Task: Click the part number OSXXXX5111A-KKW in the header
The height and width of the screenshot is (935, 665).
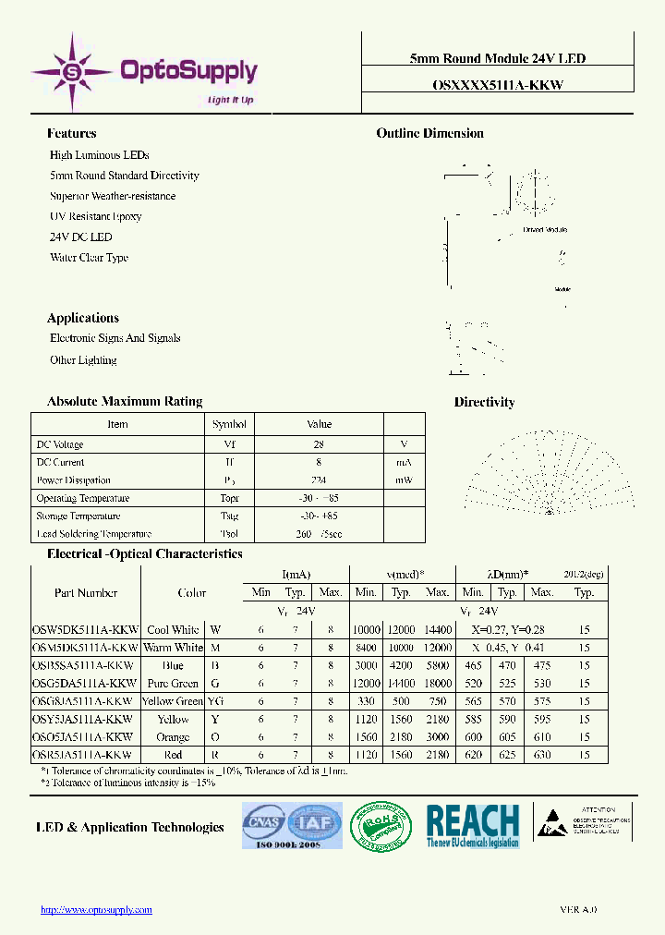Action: click(497, 83)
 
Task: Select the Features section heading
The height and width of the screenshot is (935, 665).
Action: click(71, 133)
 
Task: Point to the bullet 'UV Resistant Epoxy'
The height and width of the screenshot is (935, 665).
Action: click(95, 216)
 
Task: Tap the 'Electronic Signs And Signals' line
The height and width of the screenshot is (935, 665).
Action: click(115, 338)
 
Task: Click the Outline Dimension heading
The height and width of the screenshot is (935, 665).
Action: click(429, 133)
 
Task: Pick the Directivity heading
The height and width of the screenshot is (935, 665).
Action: click(484, 402)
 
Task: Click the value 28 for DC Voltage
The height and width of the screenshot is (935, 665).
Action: click(319, 444)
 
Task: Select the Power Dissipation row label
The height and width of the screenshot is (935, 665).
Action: click(73, 480)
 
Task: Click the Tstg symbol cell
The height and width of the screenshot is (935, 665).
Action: click(229, 516)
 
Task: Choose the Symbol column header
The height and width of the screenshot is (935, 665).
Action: click(229, 425)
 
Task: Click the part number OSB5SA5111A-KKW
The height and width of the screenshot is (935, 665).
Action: click(84, 666)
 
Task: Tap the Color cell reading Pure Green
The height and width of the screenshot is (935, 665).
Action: click(173, 684)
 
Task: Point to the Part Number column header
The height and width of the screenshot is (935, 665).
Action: click(86, 593)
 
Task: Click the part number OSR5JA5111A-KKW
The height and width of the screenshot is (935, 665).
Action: click(84, 755)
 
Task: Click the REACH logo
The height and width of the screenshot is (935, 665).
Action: click(473, 825)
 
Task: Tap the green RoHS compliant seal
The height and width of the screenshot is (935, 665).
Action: click(383, 825)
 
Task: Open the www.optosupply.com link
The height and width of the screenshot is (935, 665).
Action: click(96, 909)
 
